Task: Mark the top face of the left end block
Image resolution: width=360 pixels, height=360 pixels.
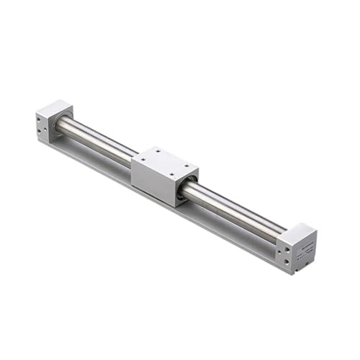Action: pos(54,109)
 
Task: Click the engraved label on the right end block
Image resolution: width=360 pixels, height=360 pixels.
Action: pos(304,245)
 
